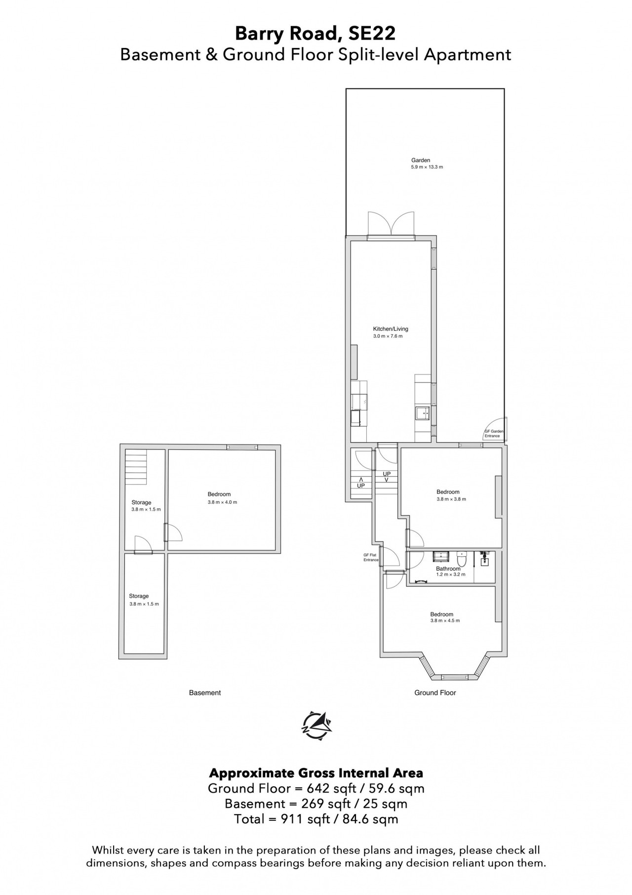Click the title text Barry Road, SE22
pyautogui.click(x=315, y=34)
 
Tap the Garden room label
pyautogui.click(x=421, y=160)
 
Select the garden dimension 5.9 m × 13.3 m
pyautogui.click(x=427, y=167)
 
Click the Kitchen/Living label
pyautogui.click(x=391, y=329)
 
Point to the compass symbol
pyautogui.click(x=316, y=725)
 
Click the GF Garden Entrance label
pyautogui.click(x=494, y=434)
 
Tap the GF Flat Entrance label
pyautogui.click(x=371, y=557)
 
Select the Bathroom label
pyautogui.click(x=448, y=569)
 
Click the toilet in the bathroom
pyautogui.click(x=462, y=559)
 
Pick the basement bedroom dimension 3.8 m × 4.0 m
pyautogui.click(x=222, y=502)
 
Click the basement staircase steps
pyautogui.click(x=136, y=467)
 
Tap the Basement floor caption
pyautogui.click(x=205, y=692)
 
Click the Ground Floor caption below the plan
pyautogui.click(x=435, y=692)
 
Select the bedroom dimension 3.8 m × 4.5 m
pyautogui.click(x=445, y=620)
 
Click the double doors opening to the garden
pyautogui.click(x=391, y=226)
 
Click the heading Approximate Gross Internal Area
pyautogui.click(x=316, y=773)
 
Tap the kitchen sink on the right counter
pyautogui.click(x=423, y=413)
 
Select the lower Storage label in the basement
pyautogui.click(x=139, y=596)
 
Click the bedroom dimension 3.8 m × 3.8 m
pyautogui.click(x=451, y=499)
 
